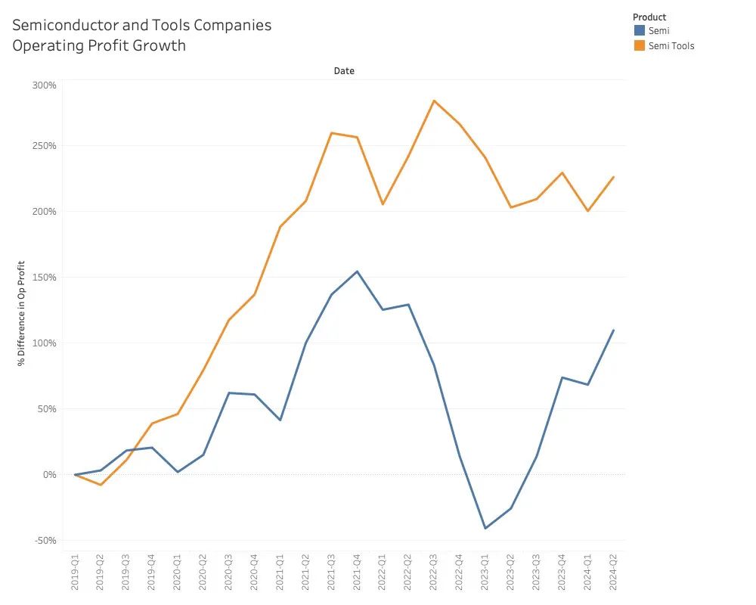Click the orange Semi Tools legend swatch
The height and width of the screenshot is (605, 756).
click(639, 45)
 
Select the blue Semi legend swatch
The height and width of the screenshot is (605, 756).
click(639, 31)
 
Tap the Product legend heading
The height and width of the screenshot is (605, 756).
click(649, 17)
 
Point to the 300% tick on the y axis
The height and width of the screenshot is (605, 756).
click(45, 85)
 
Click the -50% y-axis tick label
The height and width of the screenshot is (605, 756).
click(45, 541)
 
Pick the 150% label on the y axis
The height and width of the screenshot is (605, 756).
click(45, 278)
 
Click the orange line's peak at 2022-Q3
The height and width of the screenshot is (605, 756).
click(434, 101)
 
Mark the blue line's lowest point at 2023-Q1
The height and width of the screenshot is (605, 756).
click(485, 528)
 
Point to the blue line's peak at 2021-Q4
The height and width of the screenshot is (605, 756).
click(357, 271)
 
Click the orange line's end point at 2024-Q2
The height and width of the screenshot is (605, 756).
click(613, 177)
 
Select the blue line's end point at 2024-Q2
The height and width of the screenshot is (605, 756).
click(613, 330)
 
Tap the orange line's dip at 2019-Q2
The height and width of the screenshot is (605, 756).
click(101, 485)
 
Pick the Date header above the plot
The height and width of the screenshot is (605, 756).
click(344, 71)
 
